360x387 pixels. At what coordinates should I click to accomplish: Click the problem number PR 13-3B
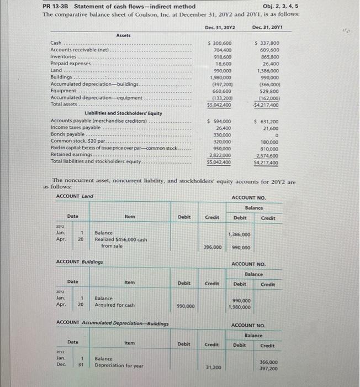coord(59,6)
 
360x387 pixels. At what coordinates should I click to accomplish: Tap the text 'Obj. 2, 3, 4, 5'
coord(283,6)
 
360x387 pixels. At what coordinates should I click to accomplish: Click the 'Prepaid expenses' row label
coord(71,64)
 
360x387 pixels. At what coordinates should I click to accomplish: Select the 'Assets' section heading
coord(123,35)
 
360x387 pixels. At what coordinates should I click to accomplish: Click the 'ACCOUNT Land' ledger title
coord(75,196)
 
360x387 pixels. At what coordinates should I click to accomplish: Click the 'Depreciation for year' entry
coord(119,365)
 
